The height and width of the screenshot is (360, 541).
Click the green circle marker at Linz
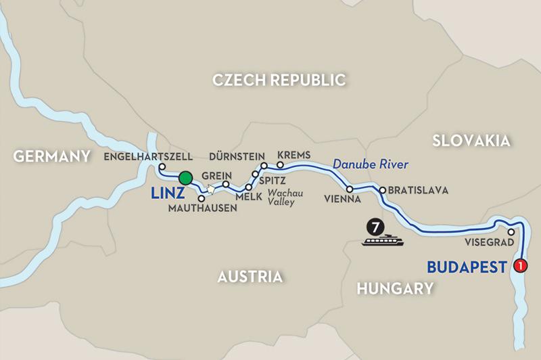click(186, 178)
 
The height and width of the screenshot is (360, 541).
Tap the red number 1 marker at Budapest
click(520, 266)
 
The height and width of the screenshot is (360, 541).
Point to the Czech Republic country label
click(279, 81)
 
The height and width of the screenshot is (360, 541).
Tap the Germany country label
click(52, 156)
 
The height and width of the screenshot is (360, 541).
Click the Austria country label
click(250, 277)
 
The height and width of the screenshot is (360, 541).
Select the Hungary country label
click(395, 289)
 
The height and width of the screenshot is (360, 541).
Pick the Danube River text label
click(371, 164)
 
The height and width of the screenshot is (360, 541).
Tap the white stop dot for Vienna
click(350, 189)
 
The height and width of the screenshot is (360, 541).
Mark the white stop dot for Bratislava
click(383, 190)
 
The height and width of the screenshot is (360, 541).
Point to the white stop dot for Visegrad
click(511, 232)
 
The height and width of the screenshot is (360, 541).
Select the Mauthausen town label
click(203, 208)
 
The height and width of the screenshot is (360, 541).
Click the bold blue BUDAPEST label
click(467, 267)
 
